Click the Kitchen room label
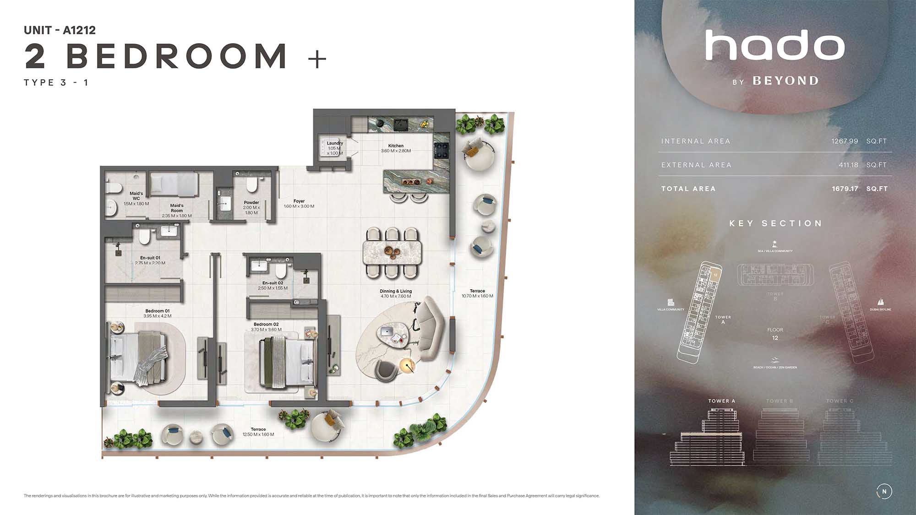[396, 146]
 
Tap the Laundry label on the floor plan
[335, 143]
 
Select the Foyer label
[299, 201]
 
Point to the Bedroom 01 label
[158, 311]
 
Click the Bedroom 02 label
[266, 324]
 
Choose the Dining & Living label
[396, 291]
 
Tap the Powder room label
[251, 202]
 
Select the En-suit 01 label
[150, 258]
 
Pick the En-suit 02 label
[273, 283]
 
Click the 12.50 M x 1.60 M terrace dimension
[258, 434]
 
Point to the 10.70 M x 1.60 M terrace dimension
[477, 296]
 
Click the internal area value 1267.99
[845, 141]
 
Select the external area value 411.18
[848, 165]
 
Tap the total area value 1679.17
[845, 189]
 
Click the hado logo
[775, 46]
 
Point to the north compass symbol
[884, 491]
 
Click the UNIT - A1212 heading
[60, 30]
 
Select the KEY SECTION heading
[775, 223]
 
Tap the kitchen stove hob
[441, 148]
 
